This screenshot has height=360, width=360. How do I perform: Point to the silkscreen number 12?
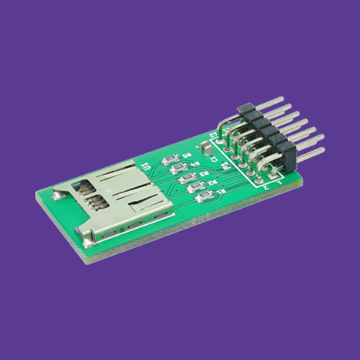click(x=214, y=135)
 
